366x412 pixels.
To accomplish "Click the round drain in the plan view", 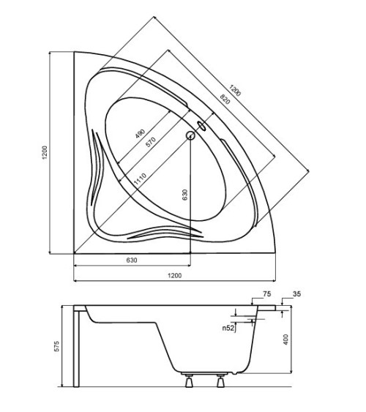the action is click(x=190, y=135).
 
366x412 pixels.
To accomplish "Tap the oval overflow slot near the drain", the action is click(x=202, y=126).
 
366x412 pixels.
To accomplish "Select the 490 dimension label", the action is click(x=140, y=133).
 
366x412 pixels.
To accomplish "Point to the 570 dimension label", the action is click(x=151, y=142).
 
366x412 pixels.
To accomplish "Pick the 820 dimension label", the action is click(x=225, y=99).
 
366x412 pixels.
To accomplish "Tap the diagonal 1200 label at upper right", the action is click(x=235, y=91).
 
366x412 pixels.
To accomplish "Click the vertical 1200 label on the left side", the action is click(x=45, y=153).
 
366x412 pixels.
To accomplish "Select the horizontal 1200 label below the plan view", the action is click(x=174, y=275).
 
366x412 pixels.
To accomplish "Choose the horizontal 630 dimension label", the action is click(x=132, y=260).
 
